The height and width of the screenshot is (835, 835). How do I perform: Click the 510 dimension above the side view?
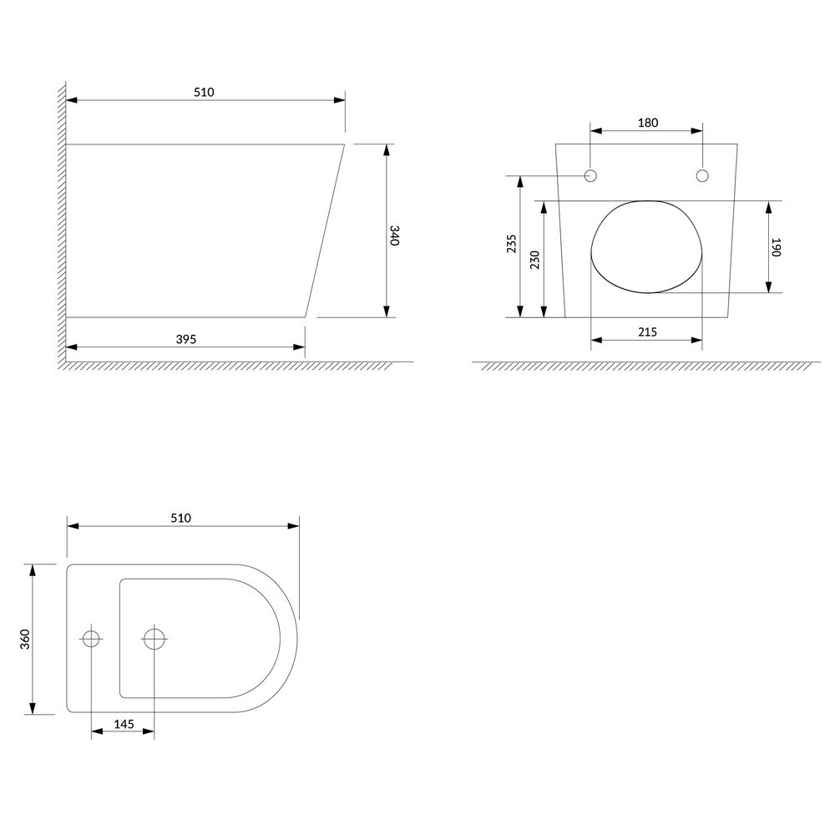point(204,92)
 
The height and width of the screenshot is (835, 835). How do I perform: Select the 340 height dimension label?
point(394,235)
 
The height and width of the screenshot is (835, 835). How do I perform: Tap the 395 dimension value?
point(186,339)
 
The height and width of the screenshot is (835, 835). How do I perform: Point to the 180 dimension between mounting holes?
point(648,123)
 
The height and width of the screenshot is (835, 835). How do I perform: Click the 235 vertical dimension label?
point(511,243)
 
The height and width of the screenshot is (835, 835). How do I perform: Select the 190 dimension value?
point(776,247)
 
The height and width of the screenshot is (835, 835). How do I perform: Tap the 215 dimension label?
point(648,331)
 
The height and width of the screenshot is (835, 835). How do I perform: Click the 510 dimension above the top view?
point(181,519)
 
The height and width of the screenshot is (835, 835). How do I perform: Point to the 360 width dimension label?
point(25,639)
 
